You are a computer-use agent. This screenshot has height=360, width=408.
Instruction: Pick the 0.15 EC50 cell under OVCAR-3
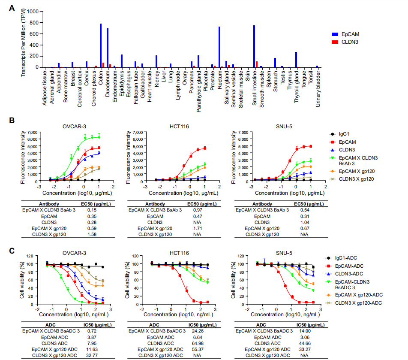(92, 210)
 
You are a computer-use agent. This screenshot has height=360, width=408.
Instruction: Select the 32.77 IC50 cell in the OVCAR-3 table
(92, 355)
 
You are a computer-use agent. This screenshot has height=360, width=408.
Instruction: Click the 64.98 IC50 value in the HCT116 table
(199, 343)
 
